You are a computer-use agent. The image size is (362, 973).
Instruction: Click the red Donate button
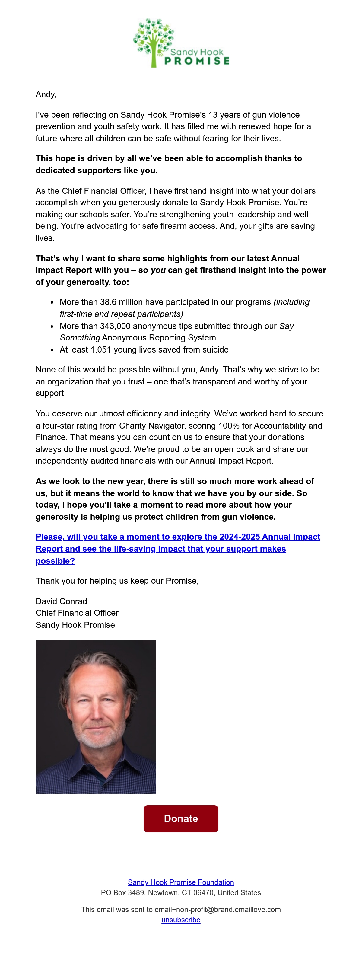pos(181,818)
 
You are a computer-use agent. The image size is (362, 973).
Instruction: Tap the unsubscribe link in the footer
pos(181,920)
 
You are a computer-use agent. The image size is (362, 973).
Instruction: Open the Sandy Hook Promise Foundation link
pos(181,882)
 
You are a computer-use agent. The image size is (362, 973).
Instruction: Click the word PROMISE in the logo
pos(197,61)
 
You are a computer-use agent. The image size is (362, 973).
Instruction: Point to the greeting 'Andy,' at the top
pos(46,94)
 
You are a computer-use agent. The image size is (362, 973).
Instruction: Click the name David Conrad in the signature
pos(61,601)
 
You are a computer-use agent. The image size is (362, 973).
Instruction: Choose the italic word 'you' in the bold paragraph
pos(158,270)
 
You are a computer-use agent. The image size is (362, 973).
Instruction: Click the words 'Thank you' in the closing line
pos(55,581)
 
